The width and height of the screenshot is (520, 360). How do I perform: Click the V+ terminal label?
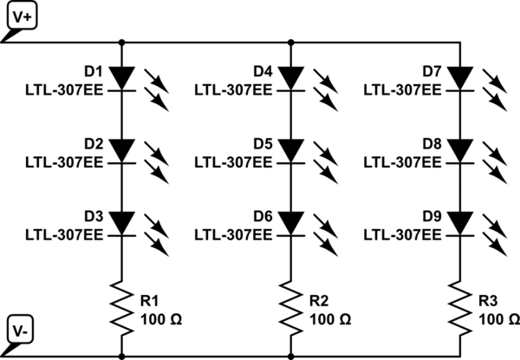coord(22,16)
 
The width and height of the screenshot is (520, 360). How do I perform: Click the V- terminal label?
coord(21,331)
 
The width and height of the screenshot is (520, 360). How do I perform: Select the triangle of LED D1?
coord(122,78)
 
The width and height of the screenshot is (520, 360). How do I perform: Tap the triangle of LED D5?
coord(291,151)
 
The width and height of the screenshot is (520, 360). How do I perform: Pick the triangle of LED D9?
coord(460,223)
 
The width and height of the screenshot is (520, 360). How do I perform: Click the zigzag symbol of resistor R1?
coord(122,308)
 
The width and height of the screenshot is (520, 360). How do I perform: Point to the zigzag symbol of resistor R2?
coord(291,308)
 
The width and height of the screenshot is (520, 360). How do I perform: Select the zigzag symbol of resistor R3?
coord(460,308)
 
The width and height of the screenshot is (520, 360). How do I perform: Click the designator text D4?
coord(263,71)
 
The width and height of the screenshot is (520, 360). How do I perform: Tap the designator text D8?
coord(432,144)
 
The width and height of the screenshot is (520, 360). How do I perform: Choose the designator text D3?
coord(94,216)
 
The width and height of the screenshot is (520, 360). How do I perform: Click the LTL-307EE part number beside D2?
coord(64,162)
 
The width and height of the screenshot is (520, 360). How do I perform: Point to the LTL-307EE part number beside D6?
coord(233,235)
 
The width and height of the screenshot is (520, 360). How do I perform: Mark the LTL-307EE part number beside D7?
coord(403,90)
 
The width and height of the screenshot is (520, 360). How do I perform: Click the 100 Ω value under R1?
coord(161,320)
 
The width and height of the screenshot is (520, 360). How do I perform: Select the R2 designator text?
coord(319,301)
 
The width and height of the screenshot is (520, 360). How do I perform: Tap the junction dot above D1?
coord(122,43)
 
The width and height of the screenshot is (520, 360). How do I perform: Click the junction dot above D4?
coord(291,43)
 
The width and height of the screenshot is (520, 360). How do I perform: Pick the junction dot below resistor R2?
coord(291,357)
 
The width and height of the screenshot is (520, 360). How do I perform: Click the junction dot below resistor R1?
coord(122,357)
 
